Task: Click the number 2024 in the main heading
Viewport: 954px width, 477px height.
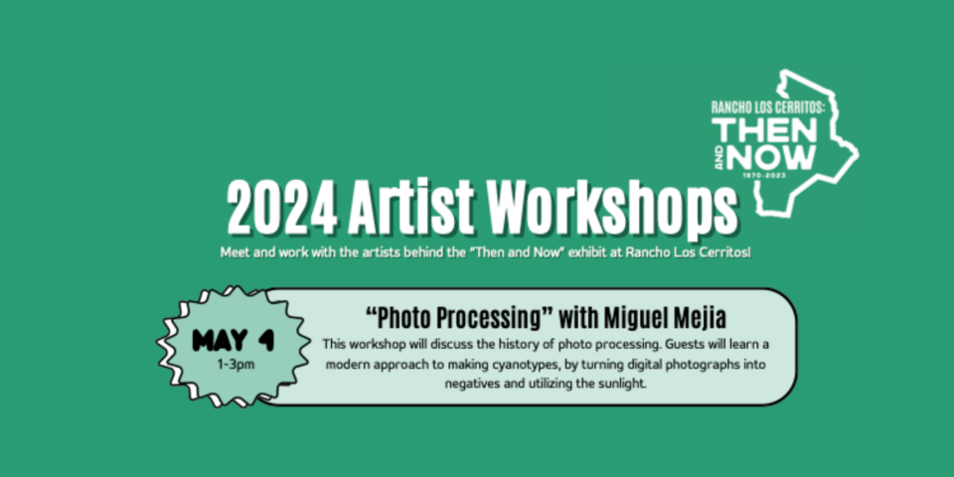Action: point(282,209)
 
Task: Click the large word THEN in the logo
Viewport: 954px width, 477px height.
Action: point(765,130)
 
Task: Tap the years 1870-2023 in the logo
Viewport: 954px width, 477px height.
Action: point(764,175)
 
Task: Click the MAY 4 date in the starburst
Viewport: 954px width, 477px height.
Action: point(233,341)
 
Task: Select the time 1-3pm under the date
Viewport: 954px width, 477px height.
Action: point(237,365)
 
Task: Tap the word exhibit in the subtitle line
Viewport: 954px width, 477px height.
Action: point(589,251)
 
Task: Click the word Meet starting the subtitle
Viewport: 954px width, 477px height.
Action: point(234,251)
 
